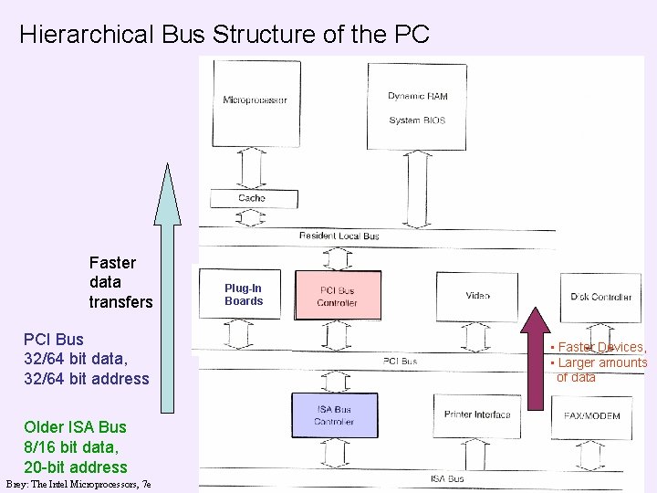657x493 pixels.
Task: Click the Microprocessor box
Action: click(255, 100)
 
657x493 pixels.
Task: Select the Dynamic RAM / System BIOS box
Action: click(417, 106)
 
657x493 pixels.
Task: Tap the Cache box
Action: click(252, 197)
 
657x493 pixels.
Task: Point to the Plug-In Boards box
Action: click(243, 295)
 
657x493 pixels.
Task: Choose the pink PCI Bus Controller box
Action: click(338, 295)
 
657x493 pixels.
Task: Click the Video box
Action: click(477, 296)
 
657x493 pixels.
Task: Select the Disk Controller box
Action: click(600, 297)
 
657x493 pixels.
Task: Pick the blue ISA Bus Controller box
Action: click(334, 415)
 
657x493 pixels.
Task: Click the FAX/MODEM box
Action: click(591, 416)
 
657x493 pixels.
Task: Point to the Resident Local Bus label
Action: click(339, 236)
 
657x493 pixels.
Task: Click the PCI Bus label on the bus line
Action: click(400, 362)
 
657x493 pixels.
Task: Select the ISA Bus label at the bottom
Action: click(447, 478)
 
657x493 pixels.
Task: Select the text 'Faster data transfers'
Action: click(120, 282)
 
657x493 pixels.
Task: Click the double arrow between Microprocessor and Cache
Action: click(252, 166)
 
